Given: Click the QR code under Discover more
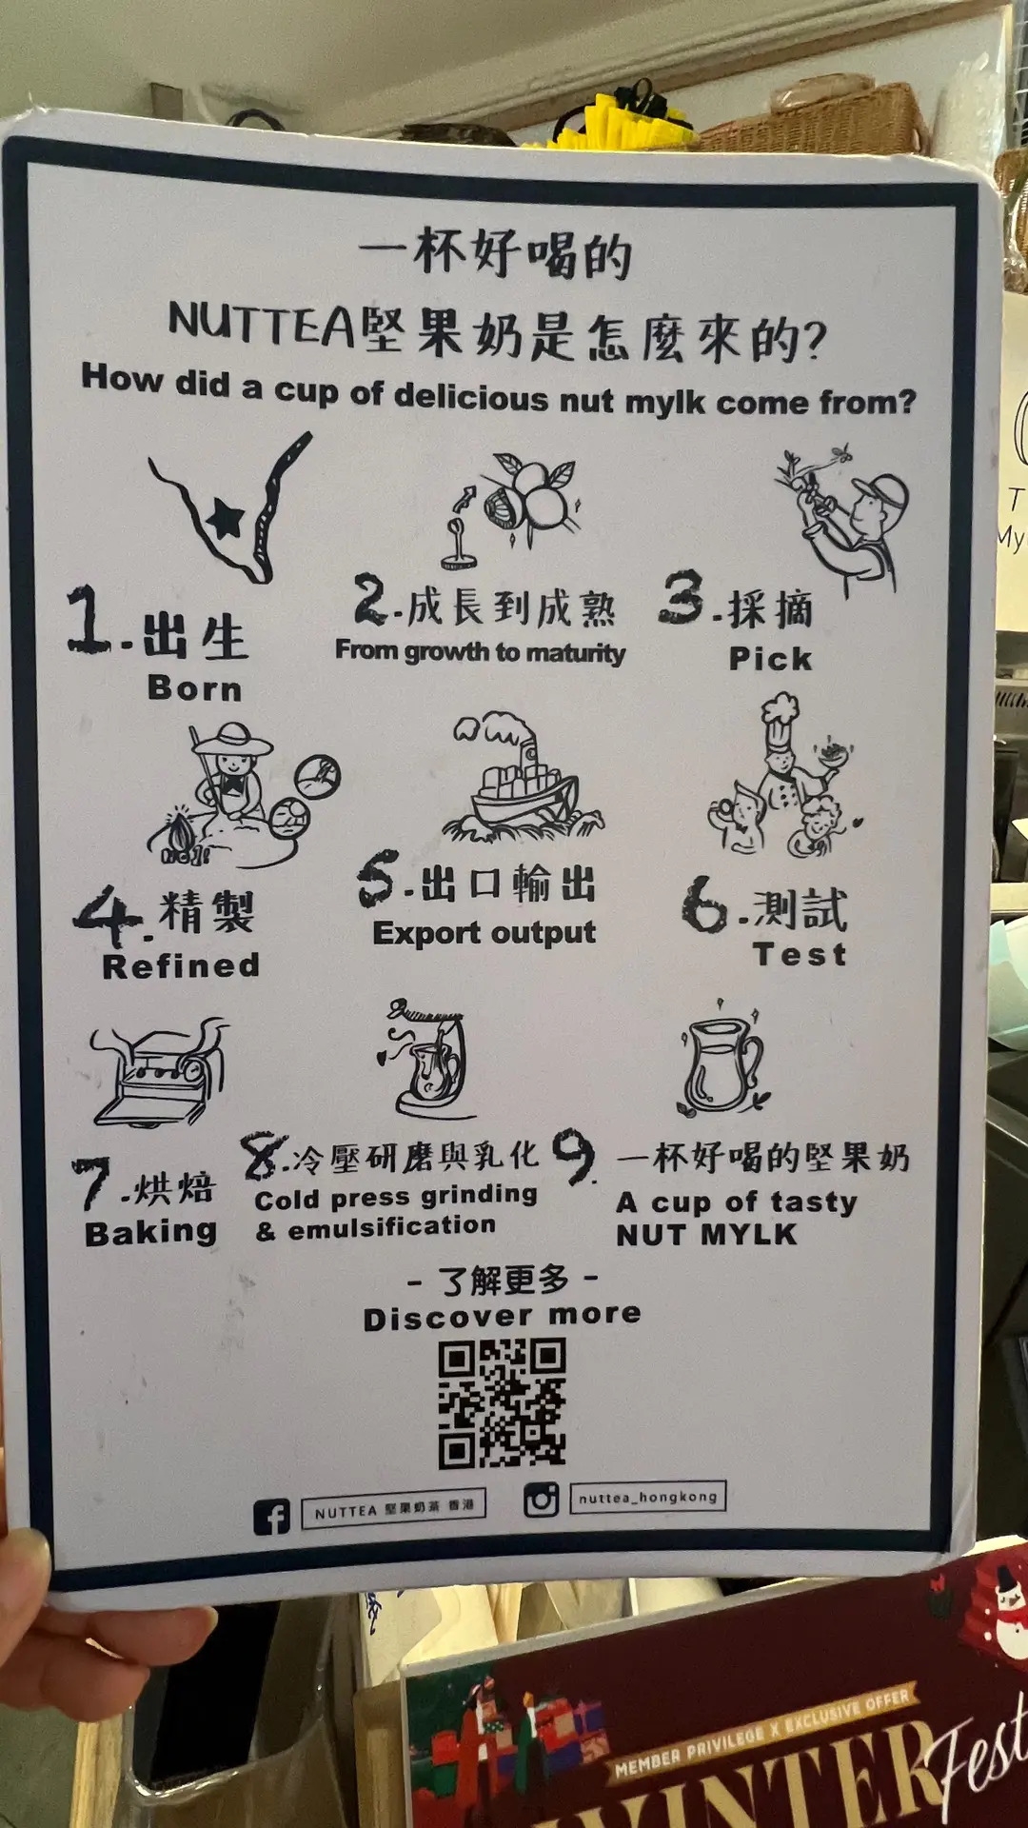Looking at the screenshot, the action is click(502, 1402).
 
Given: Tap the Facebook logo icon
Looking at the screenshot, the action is click(271, 1516).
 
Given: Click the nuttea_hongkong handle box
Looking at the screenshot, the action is click(647, 1496).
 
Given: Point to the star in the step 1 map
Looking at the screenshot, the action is click(226, 519).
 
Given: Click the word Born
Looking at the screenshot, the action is click(195, 687).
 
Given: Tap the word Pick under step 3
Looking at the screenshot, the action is click(770, 658).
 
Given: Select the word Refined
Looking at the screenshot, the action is click(181, 965).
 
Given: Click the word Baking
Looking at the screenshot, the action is click(151, 1233).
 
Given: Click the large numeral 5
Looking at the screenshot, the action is click(378, 879).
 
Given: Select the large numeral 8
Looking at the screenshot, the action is click(264, 1158).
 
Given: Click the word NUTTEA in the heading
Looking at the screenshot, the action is click(262, 324).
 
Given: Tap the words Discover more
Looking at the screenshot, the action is click(503, 1317).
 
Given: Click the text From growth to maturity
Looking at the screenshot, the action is click(481, 652).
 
